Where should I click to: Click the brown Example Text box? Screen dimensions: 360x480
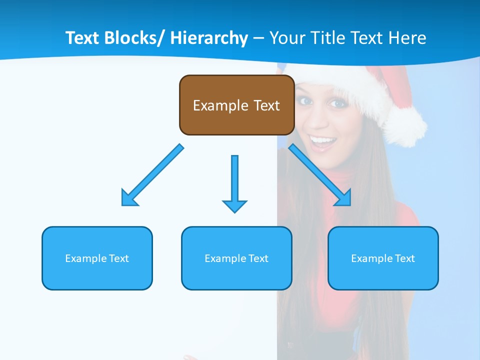coord(236,105)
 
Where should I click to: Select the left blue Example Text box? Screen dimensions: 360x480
coord(97,258)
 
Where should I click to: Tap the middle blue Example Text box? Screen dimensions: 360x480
coord(236,258)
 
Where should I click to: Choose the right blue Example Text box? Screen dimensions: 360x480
coord(383,258)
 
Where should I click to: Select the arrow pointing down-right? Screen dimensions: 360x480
coord(320,175)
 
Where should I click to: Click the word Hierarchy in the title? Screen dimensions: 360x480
coord(209,38)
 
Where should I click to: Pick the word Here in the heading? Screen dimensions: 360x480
coord(407,38)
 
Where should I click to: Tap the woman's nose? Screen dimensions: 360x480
coord(320,119)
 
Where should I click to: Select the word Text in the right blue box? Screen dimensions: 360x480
coord(404,258)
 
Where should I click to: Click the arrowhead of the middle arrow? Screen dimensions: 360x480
coord(234,205)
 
